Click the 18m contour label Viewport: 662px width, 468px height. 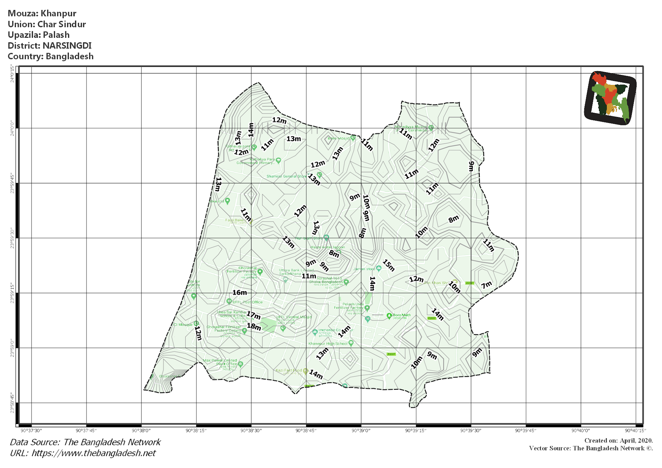point(254,327)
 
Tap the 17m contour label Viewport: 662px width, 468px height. point(253,315)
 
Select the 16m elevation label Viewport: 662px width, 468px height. point(240,292)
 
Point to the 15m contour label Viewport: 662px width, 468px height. point(389,265)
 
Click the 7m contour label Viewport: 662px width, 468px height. point(486,285)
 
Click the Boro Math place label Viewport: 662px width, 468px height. point(401,315)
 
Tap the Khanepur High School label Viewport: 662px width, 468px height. point(328,344)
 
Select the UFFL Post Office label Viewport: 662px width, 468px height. point(248,302)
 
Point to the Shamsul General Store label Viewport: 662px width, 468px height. point(286,176)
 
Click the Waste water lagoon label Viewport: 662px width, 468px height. point(327,247)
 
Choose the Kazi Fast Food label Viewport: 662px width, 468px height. point(289,370)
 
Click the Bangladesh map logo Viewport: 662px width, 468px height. point(610,98)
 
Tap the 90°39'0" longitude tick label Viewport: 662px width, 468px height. point(361,431)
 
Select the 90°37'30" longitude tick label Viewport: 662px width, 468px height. point(31,431)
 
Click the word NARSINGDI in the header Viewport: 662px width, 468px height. point(67,46)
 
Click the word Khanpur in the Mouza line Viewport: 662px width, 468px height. point(59,13)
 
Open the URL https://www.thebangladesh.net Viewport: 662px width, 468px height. point(93,453)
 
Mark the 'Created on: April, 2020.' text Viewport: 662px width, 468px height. point(618,441)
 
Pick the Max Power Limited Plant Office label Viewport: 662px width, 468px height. point(220,362)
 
